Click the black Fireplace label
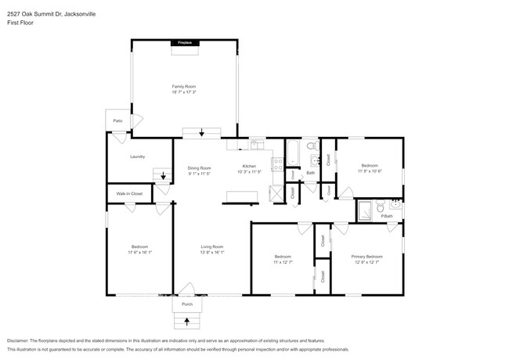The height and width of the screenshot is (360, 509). [x=185, y=42]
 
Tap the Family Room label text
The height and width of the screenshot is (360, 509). [x=184, y=86]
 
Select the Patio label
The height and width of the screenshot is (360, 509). [x=117, y=121]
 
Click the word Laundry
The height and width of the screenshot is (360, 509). [x=139, y=157]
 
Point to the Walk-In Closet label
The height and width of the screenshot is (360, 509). [x=130, y=193]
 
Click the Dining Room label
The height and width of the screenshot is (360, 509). [x=199, y=168]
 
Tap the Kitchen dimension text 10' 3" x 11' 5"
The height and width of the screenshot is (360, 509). [x=249, y=173]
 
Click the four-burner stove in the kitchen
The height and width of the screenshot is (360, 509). [x=276, y=164]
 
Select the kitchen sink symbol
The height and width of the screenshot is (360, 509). [x=256, y=144]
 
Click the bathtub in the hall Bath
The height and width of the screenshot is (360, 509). [x=291, y=153]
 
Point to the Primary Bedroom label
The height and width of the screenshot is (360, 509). [x=366, y=257]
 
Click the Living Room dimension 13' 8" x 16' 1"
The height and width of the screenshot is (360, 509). [x=211, y=252]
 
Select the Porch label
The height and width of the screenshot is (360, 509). [x=187, y=304]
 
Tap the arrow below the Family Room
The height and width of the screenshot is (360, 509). [x=202, y=132]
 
